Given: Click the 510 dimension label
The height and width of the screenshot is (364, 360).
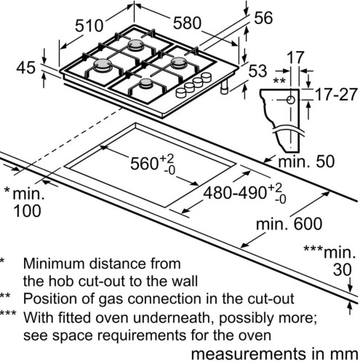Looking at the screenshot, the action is click(x=89, y=26).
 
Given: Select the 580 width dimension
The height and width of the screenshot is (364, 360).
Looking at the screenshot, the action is click(x=187, y=23).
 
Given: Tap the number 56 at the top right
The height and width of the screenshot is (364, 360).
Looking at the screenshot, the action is click(x=263, y=17).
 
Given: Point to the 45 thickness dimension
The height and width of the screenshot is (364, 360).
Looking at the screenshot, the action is click(x=26, y=67).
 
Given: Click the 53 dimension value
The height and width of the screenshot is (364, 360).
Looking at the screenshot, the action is click(x=257, y=71).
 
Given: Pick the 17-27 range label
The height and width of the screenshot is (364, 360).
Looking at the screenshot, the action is click(x=337, y=95).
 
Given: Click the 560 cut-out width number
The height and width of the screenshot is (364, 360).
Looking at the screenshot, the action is click(x=144, y=163).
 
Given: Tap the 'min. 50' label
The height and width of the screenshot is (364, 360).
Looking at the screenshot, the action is click(x=306, y=162).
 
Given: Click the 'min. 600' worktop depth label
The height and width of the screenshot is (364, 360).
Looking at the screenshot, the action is click(x=289, y=223).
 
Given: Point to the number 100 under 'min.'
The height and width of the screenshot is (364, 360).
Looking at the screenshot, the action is click(x=27, y=210).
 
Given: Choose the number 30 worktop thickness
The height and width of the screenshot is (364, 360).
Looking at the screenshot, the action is click(x=342, y=269).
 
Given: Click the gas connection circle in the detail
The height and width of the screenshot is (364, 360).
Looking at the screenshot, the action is click(x=291, y=100).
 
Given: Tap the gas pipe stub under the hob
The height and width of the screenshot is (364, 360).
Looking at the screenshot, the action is click(x=224, y=87).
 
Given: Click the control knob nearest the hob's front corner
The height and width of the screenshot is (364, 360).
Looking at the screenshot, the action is click(x=180, y=92).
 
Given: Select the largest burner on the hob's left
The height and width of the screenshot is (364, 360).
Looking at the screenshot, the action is click(x=103, y=65).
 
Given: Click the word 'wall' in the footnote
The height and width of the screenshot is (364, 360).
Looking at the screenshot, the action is click(x=186, y=281).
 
